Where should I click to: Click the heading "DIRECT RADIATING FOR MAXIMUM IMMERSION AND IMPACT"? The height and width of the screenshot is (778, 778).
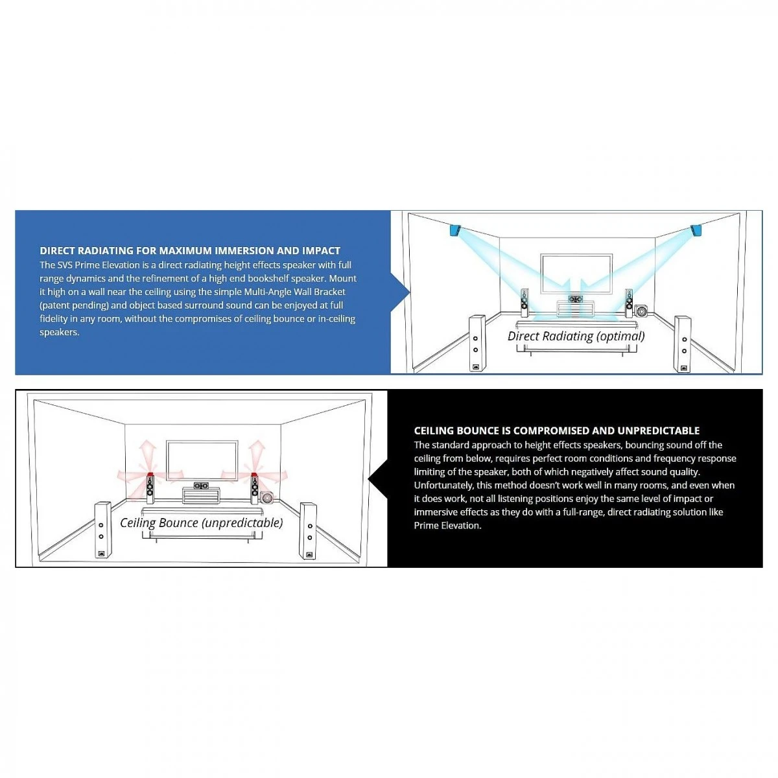190,250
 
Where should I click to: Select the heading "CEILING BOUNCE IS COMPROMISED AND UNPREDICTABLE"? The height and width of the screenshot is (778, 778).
557,430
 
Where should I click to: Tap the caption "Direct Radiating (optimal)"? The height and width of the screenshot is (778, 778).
576,336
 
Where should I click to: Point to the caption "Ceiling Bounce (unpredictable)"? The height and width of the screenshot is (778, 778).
201,523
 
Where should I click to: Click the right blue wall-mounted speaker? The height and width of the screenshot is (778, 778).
696,230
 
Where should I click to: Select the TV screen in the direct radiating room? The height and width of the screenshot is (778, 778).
576,274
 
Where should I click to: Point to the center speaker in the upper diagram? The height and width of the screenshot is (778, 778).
576,299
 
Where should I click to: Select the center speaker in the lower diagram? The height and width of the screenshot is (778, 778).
202,485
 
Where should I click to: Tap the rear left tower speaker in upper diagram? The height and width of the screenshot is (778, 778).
477,343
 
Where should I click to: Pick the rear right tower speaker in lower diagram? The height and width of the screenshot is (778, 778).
308,530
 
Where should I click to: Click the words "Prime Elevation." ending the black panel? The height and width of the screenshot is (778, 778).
448,525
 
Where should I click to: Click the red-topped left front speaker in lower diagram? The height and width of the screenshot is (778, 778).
150,489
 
